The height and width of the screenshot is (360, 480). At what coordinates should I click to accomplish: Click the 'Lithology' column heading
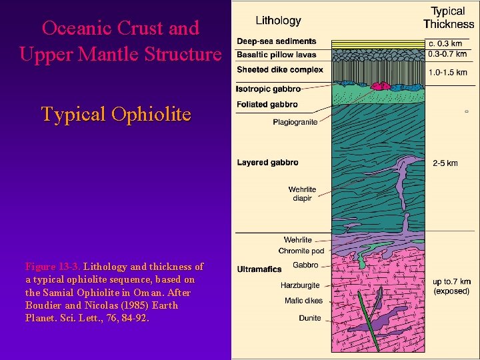[279, 21]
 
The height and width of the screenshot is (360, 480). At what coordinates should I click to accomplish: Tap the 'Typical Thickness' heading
[449, 18]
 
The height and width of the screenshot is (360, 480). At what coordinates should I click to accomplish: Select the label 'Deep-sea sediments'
[276, 41]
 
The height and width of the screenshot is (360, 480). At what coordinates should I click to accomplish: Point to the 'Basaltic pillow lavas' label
[277, 54]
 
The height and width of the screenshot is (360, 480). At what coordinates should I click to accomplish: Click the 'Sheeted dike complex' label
[279, 69]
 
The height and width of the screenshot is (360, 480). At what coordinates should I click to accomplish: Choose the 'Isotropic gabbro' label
[268, 88]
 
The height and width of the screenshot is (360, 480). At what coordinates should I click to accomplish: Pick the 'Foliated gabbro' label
[267, 104]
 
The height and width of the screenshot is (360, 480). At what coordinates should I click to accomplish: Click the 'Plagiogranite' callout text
[295, 122]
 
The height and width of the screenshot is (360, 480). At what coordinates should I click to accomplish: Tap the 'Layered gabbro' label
[267, 162]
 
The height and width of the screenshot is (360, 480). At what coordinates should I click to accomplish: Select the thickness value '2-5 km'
[445, 163]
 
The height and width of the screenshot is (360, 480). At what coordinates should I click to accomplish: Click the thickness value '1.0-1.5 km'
[447, 72]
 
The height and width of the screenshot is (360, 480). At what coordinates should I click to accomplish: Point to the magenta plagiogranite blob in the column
[381, 85]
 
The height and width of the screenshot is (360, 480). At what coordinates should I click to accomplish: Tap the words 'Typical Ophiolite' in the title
[116, 114]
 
